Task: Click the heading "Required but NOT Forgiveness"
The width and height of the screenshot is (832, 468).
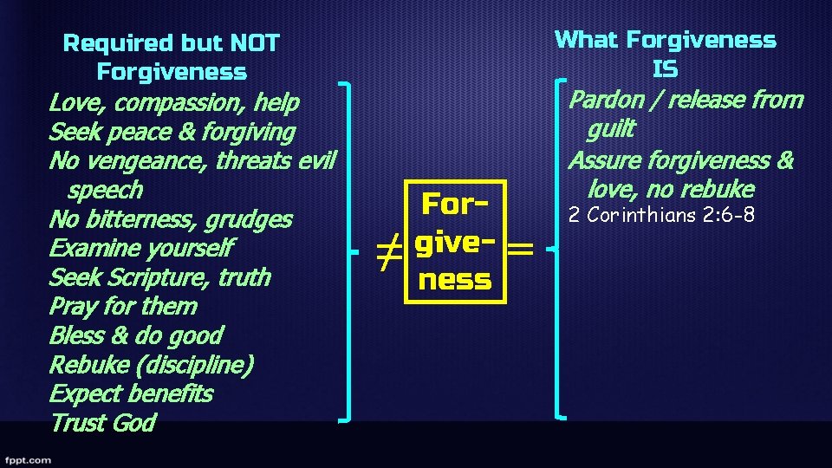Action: (172, 57)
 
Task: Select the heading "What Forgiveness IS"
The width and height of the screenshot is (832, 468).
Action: (665, 54)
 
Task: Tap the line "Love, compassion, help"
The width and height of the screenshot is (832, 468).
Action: (174, 102)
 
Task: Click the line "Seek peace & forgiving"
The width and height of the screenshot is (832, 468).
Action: (172, 132)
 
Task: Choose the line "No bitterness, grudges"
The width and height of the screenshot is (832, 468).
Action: (171, 219)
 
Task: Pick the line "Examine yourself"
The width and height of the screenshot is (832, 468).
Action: (140, 249)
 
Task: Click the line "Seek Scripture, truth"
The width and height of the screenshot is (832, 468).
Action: (159, 277)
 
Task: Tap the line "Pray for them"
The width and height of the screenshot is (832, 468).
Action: (123, 307)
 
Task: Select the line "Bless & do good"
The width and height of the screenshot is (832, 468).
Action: (135, 335)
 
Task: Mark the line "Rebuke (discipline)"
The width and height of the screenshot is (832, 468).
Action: (151, 365)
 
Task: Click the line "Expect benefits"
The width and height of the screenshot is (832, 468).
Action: (131, 393)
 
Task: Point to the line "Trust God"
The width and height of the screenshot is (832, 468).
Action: (102, 423)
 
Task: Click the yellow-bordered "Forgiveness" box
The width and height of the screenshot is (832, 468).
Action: (454, 242)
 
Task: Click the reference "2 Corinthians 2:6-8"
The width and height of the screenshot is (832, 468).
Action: (661, 214)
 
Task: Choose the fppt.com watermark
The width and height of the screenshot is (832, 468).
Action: (27, 459)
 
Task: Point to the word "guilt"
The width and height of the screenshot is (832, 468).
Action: (611, 130)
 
